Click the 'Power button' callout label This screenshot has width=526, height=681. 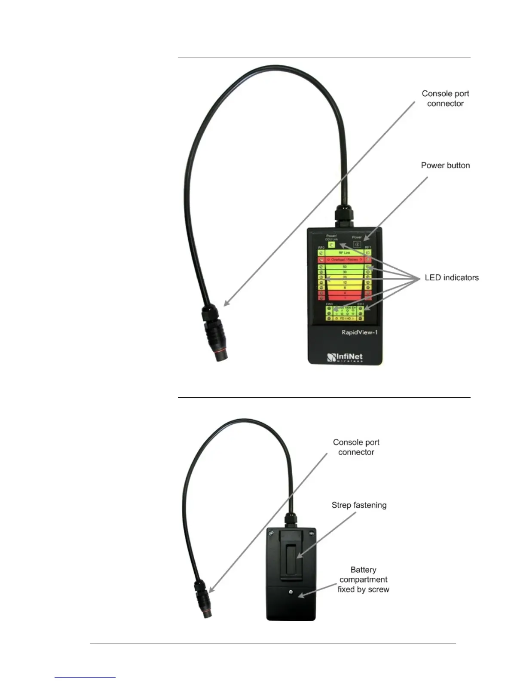445,166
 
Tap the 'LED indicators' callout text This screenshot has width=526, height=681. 451,278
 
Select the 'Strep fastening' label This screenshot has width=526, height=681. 359,505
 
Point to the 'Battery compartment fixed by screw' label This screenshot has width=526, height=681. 363,580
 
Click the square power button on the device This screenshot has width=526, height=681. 357,244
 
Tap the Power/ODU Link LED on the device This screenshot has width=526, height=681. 331,245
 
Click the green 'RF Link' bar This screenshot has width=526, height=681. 344,253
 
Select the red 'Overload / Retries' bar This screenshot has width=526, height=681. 344,260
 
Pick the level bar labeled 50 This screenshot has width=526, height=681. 344,267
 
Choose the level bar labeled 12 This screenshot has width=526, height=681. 344,282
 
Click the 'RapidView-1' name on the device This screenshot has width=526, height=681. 359,332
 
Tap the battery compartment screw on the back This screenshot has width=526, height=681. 291,592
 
